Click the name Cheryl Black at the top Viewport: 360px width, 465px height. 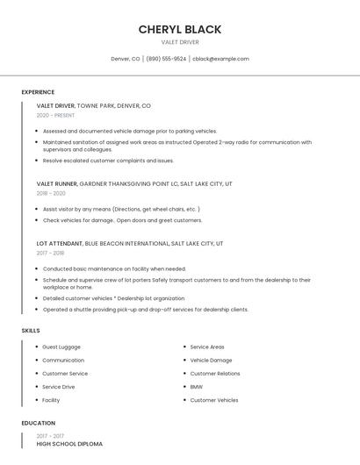point(180,29)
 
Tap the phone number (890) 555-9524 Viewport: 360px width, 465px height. point(166,59)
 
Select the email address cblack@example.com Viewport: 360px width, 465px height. point(221,59)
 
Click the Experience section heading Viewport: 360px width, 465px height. point(38,92)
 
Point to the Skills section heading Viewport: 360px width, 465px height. point(31,330)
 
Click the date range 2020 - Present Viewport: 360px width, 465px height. point(55,115)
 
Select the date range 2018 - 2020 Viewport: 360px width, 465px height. point(51,193)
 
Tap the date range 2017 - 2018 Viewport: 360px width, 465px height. point(50,253)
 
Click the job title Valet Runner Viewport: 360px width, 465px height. point(56,184)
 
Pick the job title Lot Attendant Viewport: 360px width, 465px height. point(60,243)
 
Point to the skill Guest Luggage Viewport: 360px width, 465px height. point(61,347)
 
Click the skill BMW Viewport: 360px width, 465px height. point(196,387)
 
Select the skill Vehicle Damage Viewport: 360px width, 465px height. point(211,360)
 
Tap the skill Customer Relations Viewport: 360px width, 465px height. point(215,374)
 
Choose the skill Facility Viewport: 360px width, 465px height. point(51,400)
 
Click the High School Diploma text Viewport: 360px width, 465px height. point(69,444)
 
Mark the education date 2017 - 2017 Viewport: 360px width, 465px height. point(50,436)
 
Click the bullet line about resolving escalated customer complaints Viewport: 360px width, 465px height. point(108,161)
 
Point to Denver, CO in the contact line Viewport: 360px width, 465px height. point(126,59)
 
